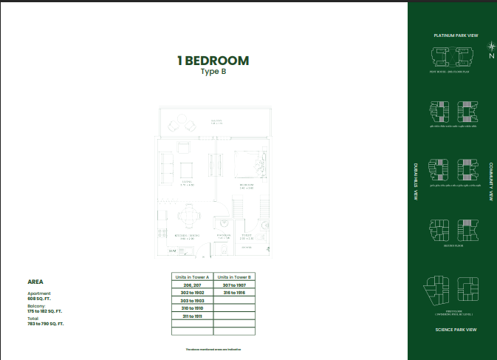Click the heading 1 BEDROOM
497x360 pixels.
[x=212, y=61]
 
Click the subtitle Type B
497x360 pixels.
[x=212, y=72]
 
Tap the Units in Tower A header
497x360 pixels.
[x=192, y=277]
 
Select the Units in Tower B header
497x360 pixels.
[x=235, y=277]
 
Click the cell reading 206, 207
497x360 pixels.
[x=192, y=285]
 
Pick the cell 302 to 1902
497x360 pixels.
[x=192, y=293]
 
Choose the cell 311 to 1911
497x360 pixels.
[x=192, y=316]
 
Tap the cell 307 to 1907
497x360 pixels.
[x=235, y=285]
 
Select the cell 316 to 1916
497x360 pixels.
[x=235, y=293]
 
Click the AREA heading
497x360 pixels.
[x=35, y=282]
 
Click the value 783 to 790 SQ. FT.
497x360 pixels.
[x=46, y=324]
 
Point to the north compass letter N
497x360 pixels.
[x=490, y=55]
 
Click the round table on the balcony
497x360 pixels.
[x=182, y=125]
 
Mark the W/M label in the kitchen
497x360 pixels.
[x=172, y=251]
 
